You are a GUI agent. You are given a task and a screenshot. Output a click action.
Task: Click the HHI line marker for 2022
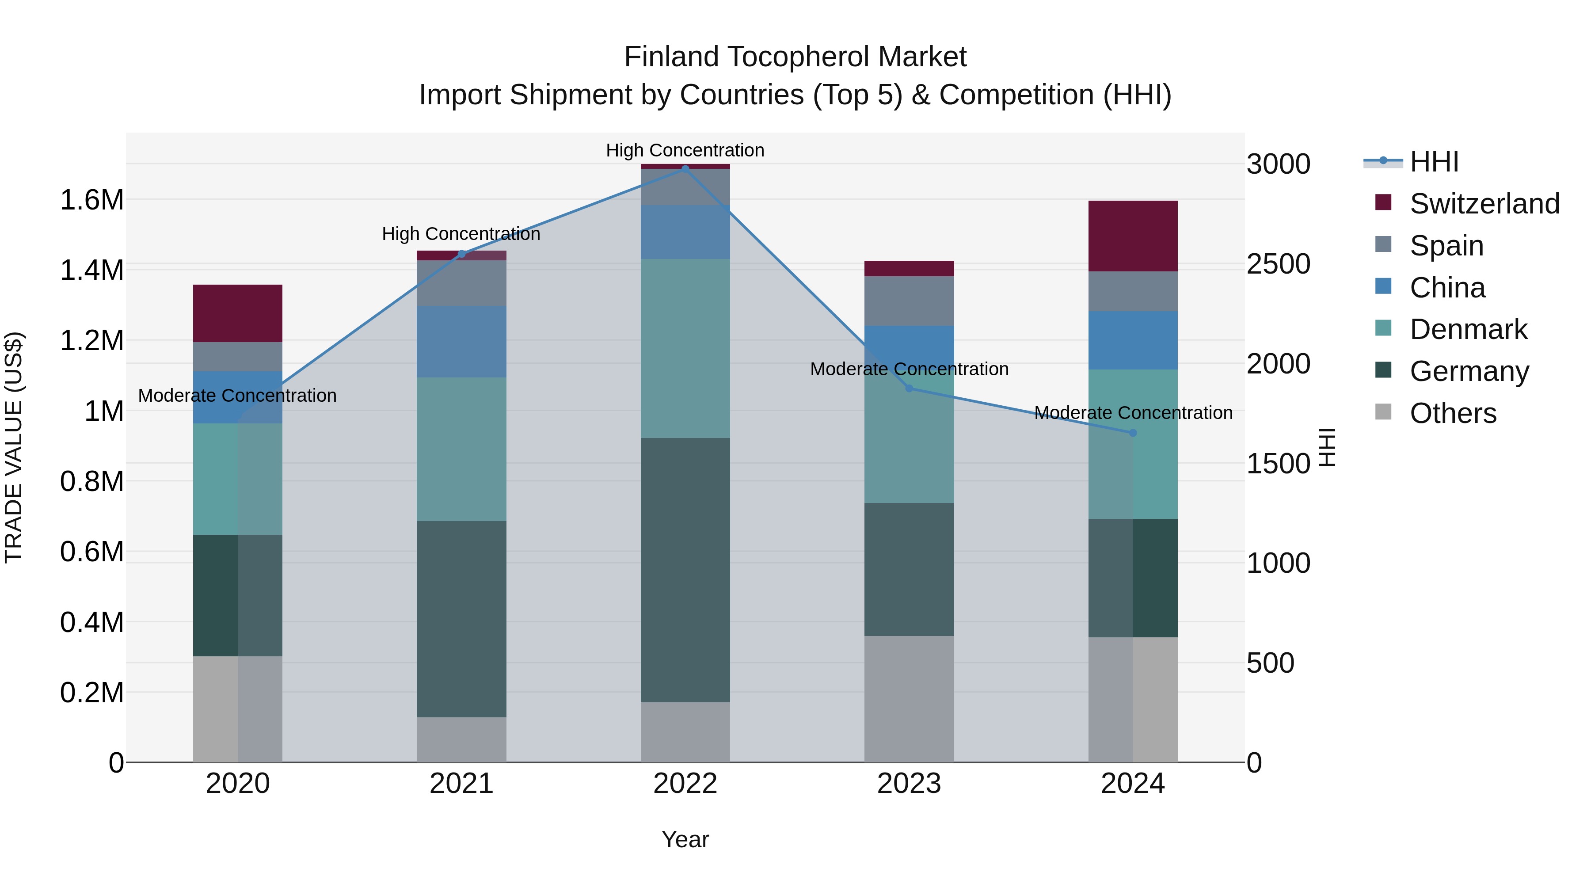pos(685,169)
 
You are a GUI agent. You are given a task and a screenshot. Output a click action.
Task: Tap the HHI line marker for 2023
pos(909,388)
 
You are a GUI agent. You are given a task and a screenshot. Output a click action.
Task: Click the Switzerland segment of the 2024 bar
pos(1133,236)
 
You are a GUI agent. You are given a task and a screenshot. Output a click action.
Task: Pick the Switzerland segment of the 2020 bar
pos(238,313)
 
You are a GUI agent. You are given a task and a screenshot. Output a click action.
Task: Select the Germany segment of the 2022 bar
pos(685,570)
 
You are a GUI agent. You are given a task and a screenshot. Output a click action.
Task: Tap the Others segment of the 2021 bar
pos(461,739)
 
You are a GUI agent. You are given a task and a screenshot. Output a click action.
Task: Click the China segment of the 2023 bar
pos(909,347)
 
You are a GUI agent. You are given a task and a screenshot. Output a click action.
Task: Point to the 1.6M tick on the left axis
pos(91,200)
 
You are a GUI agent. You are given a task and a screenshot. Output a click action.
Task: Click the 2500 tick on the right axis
pos(1278,264)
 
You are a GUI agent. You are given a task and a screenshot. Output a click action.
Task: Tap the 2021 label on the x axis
pos(461,784)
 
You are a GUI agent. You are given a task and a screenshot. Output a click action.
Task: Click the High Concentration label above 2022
pos(685,150)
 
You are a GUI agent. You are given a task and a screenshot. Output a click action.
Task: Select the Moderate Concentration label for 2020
pos(237,395)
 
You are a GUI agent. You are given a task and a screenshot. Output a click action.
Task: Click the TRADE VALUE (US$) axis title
pos(14,447)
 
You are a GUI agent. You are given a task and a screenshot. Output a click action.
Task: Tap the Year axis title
pos(685,839)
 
